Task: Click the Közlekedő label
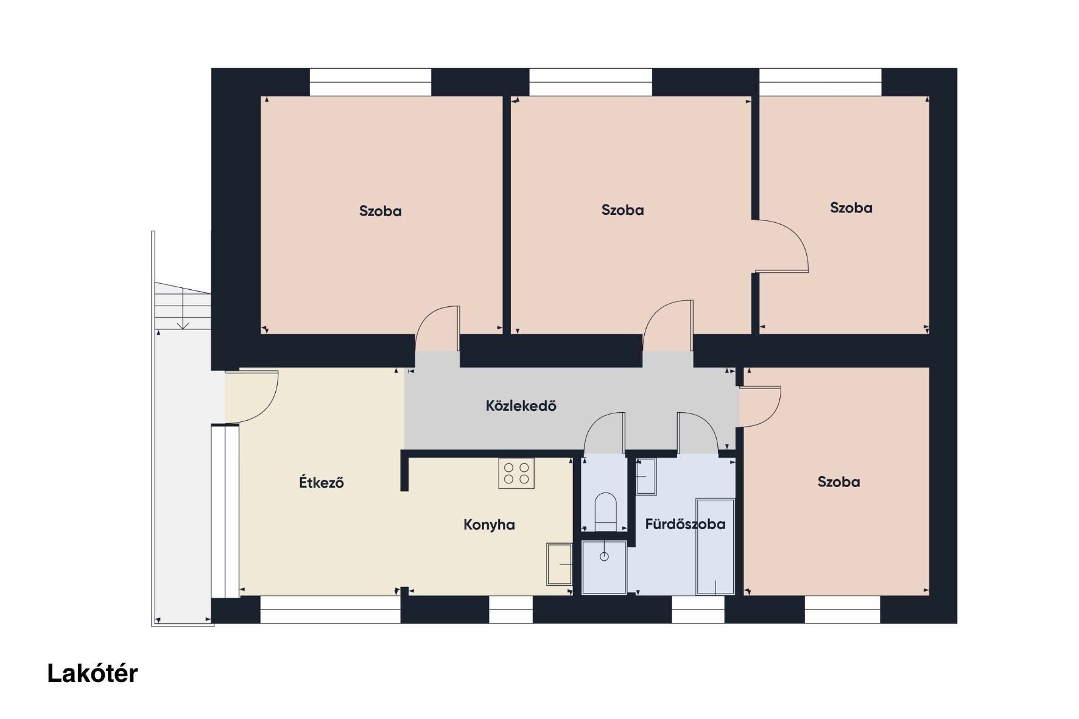click(521, 405)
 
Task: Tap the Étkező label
click(322, 482)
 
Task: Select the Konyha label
click(489, 525)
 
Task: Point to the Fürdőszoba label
click(685, 524)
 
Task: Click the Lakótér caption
click(93, 673)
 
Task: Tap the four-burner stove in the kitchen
click(516, 474)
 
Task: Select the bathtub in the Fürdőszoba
click(715, 547)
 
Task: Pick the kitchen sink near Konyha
click(560, 564)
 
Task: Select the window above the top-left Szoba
click(370, 82)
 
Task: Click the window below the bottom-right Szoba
click(842, 609)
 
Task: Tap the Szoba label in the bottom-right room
click(838, 482)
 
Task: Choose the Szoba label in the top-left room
click(380, 211)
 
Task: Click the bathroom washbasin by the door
click(646, 477)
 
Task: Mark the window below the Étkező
click(330, 609)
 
